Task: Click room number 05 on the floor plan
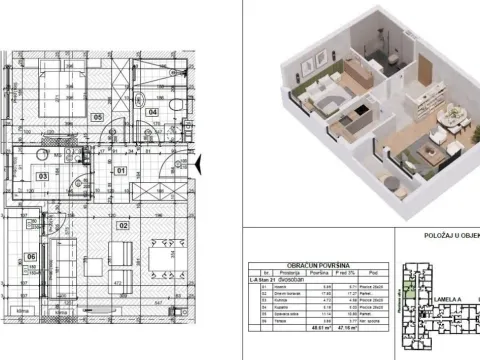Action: click(x=98, y=117)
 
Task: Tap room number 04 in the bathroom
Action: click(x=152, y=112)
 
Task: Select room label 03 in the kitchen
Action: click(x=43, y=175)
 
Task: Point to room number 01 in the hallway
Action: click(x=120, y=170)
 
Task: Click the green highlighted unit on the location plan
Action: click(x=409, y=294)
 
